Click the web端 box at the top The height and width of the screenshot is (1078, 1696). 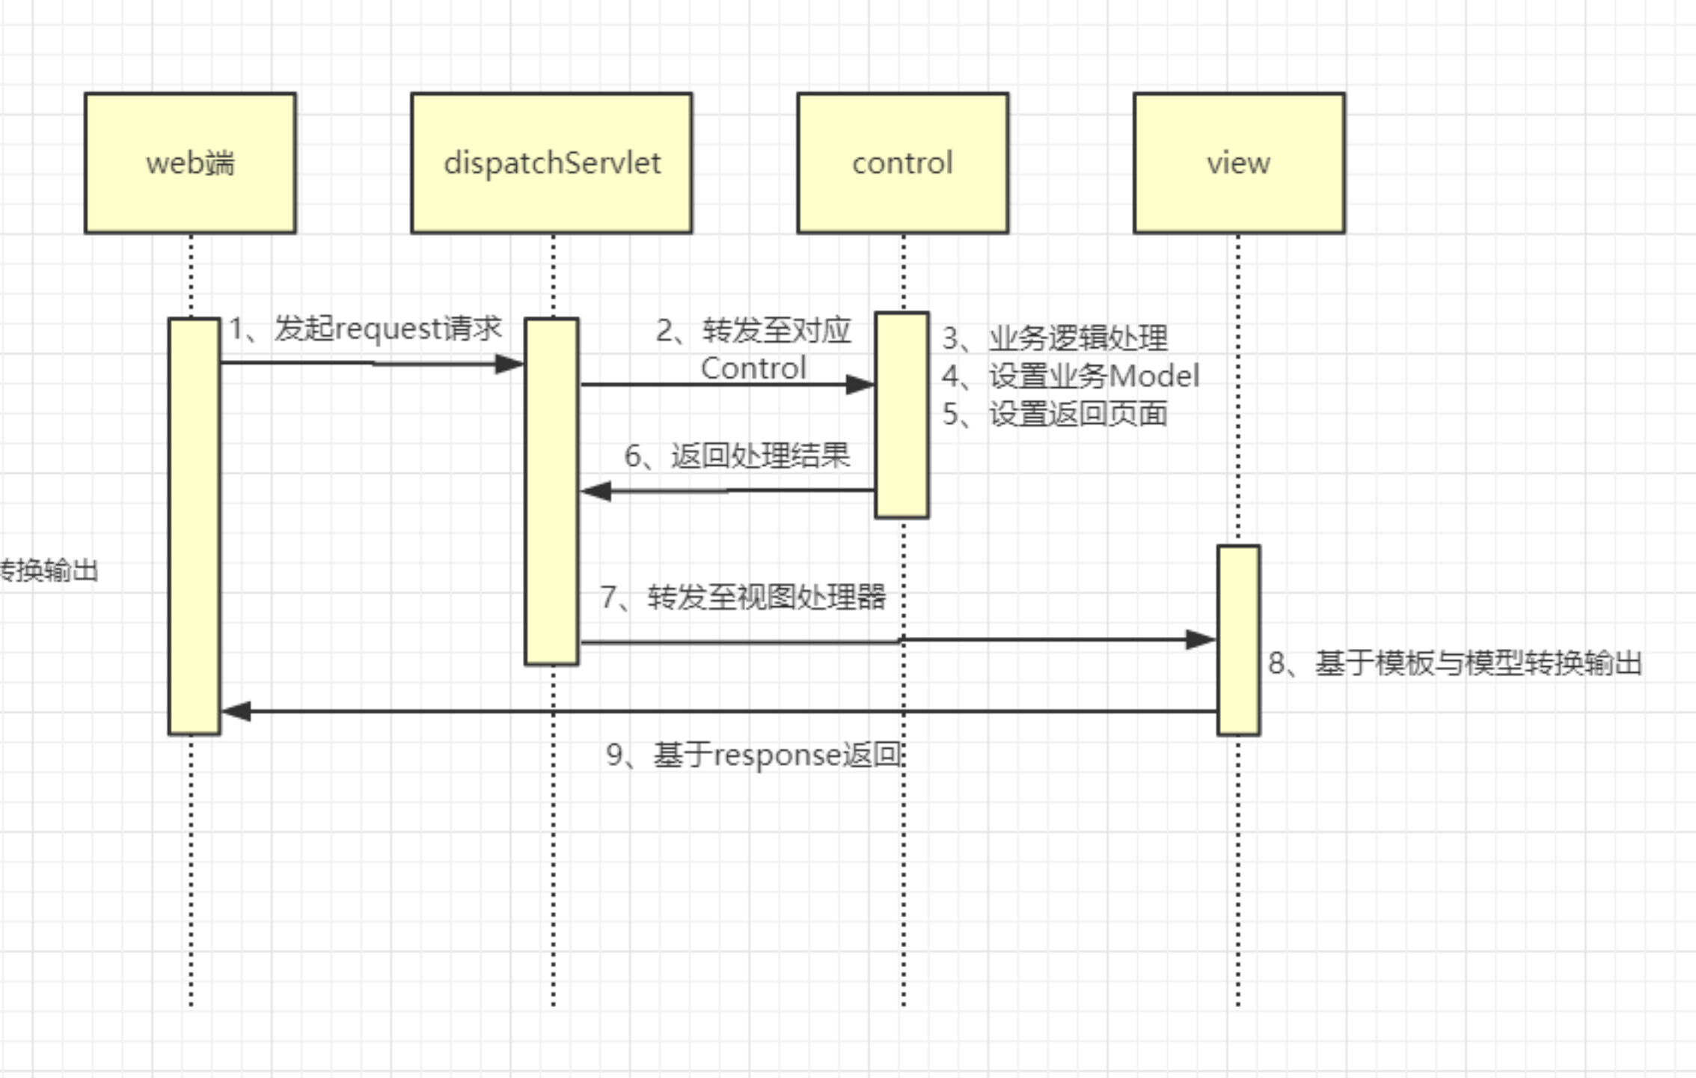point(190,162)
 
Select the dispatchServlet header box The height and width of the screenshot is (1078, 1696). point(551,162)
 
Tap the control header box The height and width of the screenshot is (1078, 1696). point(902,162)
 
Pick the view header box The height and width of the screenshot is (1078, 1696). point(1238,162)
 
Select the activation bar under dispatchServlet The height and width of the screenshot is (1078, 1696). point(551,491)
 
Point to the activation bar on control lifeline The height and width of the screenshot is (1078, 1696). point(901,415)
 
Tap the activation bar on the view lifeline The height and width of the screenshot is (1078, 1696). point(1238,640)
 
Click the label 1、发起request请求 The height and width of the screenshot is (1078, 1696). point(365,329)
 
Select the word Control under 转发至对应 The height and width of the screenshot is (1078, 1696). point(753,368)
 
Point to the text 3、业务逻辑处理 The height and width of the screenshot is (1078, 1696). point(1055,338)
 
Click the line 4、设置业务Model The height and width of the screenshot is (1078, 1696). point(1071,376)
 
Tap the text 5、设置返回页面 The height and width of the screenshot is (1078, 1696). point(1055,414)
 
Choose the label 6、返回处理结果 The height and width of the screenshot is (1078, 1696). point(737,455)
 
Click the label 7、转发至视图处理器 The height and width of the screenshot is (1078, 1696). point(743,597)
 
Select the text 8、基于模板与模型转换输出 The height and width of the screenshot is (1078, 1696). point(1454,663)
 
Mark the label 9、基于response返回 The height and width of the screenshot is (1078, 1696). point(753,755)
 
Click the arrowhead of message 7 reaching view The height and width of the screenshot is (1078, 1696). point(1201,640)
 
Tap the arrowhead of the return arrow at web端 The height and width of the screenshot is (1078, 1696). point(236,711)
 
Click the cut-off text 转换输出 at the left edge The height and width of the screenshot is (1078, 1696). point(48,570)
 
